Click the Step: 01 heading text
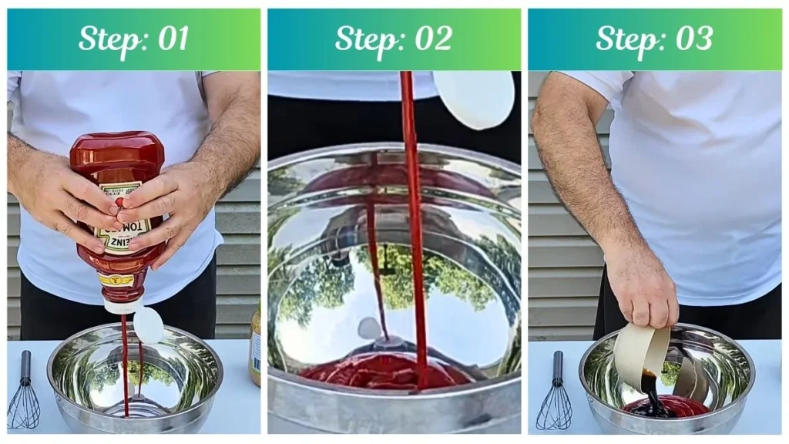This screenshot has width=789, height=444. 133,39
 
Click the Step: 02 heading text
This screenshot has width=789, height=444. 393,39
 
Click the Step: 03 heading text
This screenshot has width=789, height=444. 653,39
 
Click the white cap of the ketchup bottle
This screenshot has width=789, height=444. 148,325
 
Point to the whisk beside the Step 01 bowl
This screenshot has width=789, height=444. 24,393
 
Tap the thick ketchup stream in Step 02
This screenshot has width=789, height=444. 413,231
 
